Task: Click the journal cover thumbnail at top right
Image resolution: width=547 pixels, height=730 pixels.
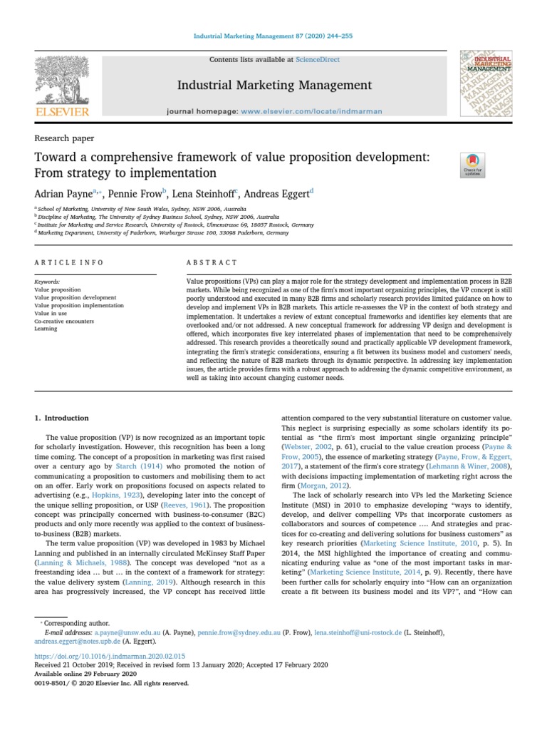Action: point(486,83)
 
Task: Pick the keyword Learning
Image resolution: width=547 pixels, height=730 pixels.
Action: point(46,329)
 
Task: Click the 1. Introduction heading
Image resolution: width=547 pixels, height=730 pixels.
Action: point(63,418)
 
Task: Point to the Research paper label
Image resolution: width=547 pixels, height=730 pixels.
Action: point(64,138)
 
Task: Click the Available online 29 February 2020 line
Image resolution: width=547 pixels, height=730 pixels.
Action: point(85,674)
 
